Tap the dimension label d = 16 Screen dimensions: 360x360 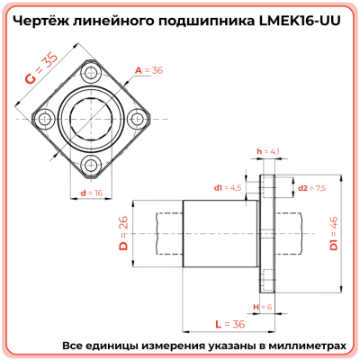click(91, 193)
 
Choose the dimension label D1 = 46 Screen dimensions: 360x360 click(332, 233)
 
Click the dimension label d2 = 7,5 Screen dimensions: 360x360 click(310, 188)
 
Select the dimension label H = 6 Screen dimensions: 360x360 click(265, 308)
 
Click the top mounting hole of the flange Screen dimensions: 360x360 click(91, 71)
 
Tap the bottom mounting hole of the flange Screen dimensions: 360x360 click(91, 163)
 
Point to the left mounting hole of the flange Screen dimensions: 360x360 click(45, 117)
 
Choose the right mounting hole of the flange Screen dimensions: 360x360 click(137, 117)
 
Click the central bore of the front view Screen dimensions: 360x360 click(91, 117)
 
